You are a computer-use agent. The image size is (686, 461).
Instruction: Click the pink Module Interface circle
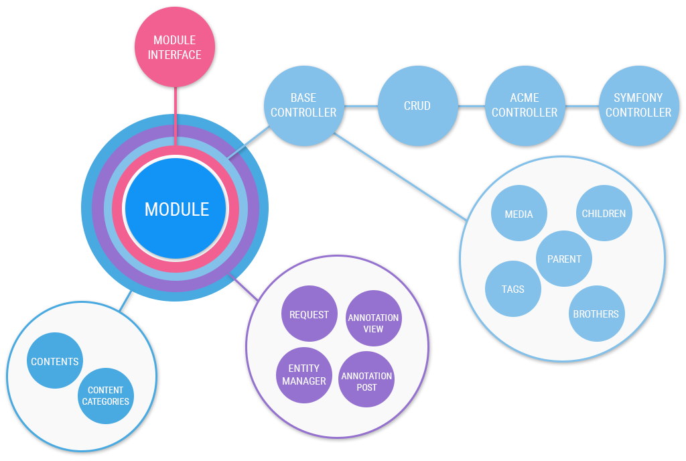[174, 48]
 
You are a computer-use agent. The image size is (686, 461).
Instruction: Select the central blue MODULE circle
[177, 209]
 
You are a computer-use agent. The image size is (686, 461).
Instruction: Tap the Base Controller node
[303, 105]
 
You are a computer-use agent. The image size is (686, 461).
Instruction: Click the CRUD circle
[417, 105]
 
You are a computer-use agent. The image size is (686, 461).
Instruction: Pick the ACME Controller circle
[525, 105]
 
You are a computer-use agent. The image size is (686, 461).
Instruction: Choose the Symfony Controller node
[638, 105]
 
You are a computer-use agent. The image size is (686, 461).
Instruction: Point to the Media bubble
[519, 214]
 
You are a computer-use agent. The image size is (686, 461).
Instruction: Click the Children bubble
[604, 213]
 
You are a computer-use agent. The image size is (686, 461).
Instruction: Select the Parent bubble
[564, 259]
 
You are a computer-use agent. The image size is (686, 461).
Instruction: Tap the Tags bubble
[512, 289]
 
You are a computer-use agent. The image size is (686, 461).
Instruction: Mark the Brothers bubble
[596, 314]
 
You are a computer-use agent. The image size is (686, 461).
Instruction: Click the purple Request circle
[309, 314]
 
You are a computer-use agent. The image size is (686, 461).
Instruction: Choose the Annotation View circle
[373, 322]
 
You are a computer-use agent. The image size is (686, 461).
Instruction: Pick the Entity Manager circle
[304, 375]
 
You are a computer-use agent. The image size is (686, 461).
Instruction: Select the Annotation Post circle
[366, 381]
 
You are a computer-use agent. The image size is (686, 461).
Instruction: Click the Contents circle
[55, 361]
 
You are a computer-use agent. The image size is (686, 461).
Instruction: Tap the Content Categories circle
[105, 395]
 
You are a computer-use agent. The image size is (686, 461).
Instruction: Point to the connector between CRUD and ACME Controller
[471, 105]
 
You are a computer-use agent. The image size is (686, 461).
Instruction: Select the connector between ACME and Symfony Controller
[581, 105]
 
